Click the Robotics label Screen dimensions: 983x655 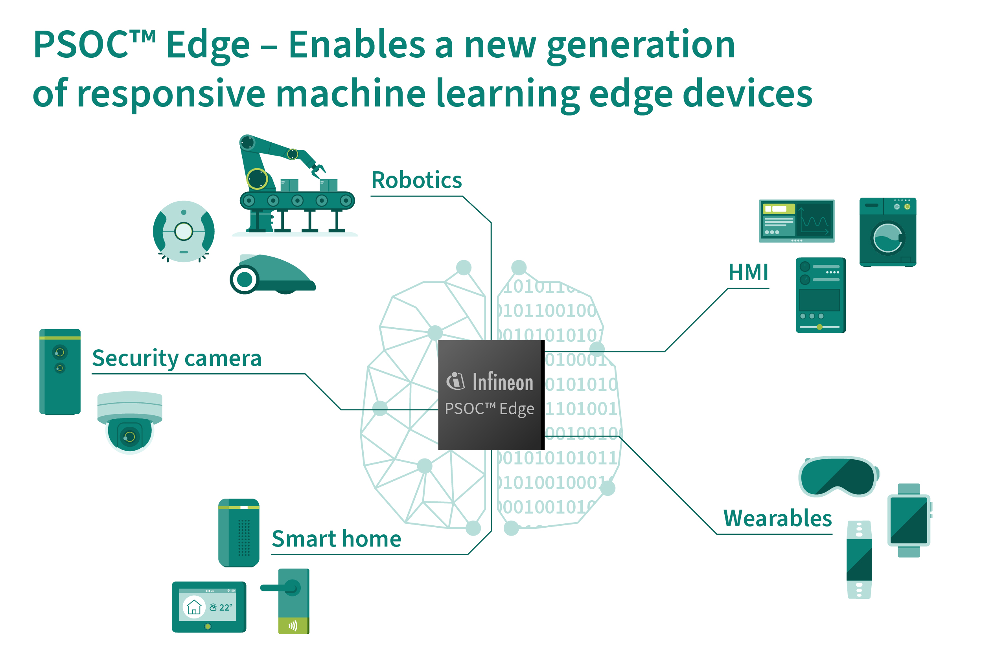pos(416,180)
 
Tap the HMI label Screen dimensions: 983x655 pos(748,272)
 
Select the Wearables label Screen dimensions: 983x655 pos(777,518)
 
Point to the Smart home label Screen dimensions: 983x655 pos(337,538)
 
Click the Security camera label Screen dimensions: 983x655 pos(177,359)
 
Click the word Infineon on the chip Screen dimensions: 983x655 pos(503,382)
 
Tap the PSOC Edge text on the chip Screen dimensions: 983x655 pos(490,409)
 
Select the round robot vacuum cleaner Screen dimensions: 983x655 pos(184,231)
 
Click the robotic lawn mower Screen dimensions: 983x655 pos(272,274)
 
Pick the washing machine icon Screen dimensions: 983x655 pos(888,232)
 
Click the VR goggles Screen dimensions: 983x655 pos(839,477)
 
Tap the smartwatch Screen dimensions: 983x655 pos(909,520)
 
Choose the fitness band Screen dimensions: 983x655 pos(859,560)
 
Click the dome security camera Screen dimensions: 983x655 pos(130,422)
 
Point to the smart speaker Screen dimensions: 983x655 pos(239,533)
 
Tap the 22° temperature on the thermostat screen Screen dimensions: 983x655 pos(226,607)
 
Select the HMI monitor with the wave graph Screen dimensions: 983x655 pos(797,221)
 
